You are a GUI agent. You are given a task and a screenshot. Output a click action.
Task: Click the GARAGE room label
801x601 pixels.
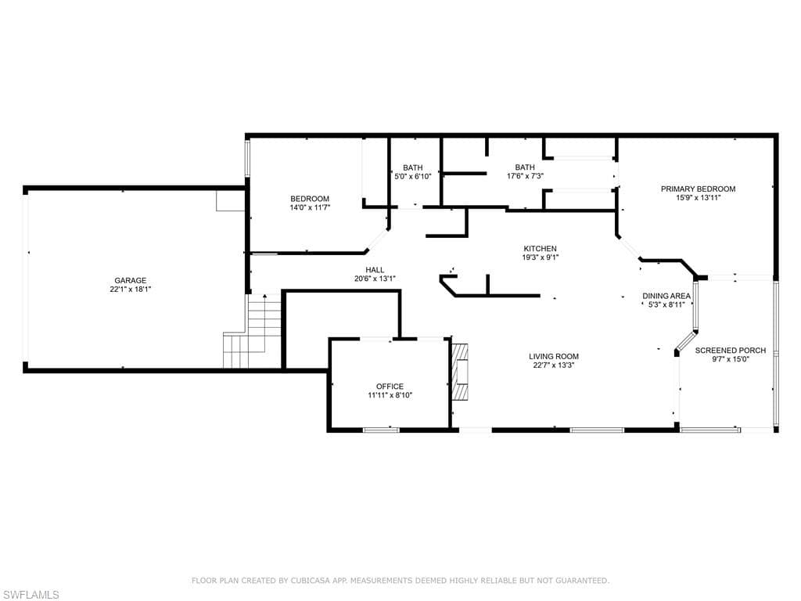(131, 281)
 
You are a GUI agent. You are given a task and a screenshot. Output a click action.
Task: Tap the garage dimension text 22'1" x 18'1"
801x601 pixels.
(131, 290)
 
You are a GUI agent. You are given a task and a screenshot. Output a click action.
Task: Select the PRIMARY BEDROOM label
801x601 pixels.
(699, 189)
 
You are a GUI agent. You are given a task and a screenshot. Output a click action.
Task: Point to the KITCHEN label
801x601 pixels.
(540, 249)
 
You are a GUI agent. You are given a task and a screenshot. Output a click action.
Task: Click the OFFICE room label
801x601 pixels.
(390, 387)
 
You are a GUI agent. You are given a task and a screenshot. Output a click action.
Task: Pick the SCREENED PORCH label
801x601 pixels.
(731, 351)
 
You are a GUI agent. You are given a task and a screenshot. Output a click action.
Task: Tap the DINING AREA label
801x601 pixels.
(666, 296)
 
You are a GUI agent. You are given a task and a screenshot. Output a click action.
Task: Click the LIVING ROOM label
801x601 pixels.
(554, 357)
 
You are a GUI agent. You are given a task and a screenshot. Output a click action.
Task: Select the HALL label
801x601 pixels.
(375, 270)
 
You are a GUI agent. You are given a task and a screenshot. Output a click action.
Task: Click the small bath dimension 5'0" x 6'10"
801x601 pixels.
(413, 176)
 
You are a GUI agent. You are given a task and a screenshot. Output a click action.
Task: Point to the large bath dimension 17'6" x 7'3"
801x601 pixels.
(525, 176)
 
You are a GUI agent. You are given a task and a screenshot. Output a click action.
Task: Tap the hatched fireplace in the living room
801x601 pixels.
(460, 372)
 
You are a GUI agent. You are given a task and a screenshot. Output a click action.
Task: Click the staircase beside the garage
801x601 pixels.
(253, 331)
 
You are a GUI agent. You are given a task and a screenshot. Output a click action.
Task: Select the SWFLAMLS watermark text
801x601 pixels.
(30, 595)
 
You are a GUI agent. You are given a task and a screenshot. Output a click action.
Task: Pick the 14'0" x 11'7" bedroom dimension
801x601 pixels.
(310, 207)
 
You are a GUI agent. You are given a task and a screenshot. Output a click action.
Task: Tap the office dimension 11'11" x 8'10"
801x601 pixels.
(390, 395)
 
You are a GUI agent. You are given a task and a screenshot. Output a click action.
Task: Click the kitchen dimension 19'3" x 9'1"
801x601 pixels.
(540, 257)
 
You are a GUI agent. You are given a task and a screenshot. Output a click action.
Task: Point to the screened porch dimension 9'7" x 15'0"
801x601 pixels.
(731, 359)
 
